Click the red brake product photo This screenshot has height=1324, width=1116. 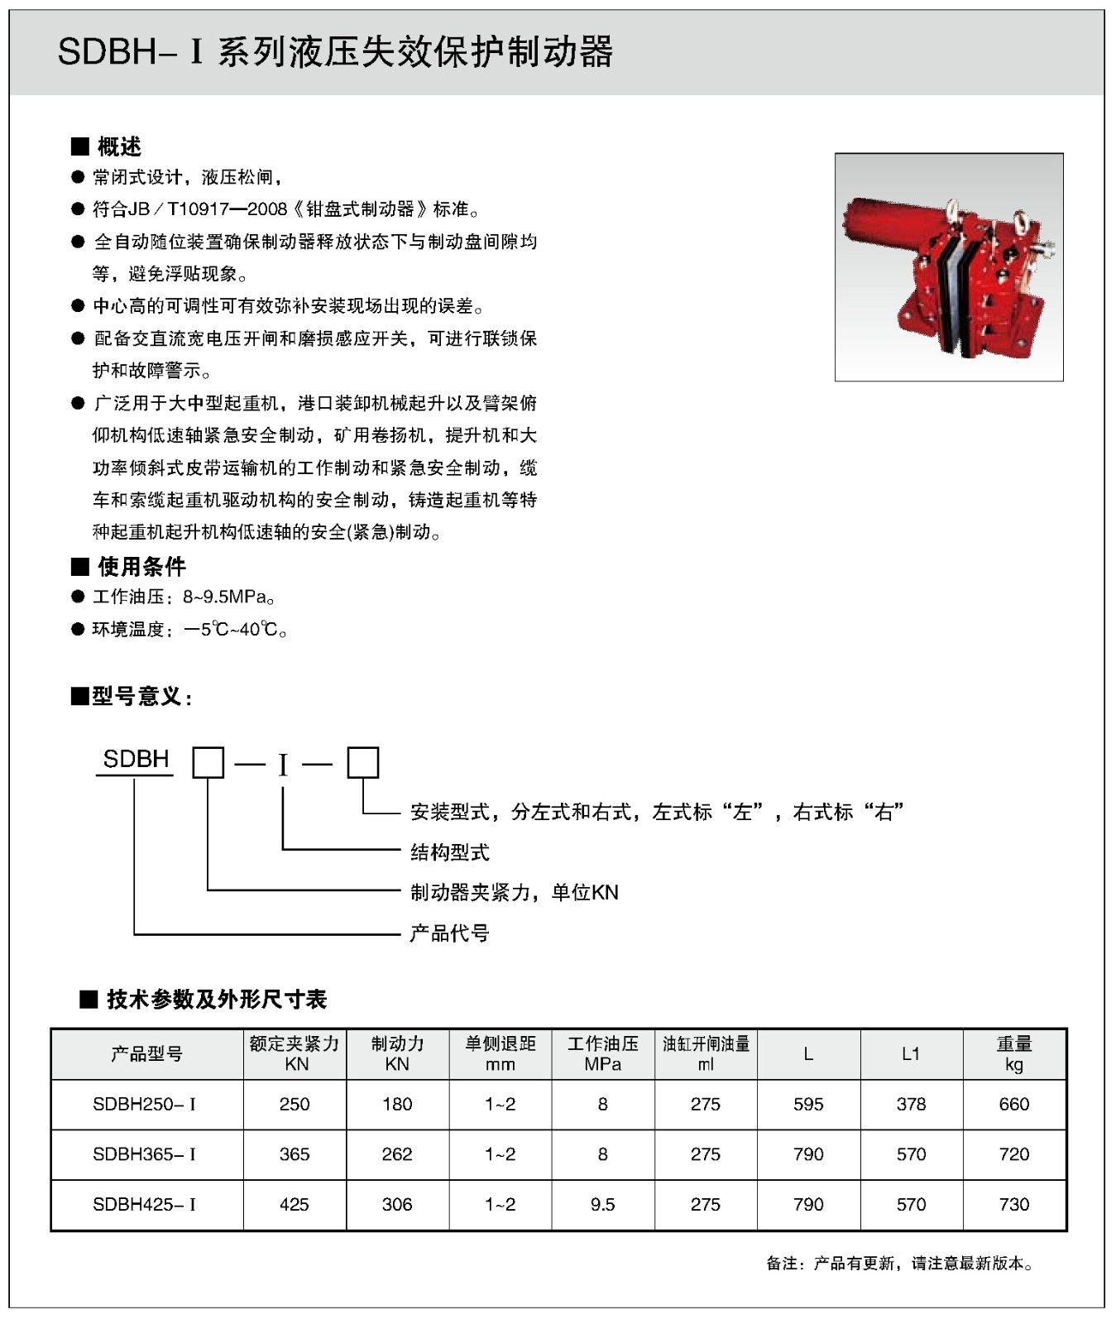point(948,266)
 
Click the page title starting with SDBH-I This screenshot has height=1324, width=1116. point(335,52)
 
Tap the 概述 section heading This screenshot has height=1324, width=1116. point(119,146)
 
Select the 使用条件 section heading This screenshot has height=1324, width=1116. point(141,566)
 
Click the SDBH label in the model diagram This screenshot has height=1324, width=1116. point(136,759)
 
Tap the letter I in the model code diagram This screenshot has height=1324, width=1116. point(283,765)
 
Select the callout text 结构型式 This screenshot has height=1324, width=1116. point(450,851)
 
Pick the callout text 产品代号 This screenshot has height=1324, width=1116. point(450,933)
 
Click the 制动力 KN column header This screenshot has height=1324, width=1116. point(397,1053)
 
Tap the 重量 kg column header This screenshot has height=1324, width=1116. point(1014,1053)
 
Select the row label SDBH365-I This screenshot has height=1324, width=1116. point(145,1154)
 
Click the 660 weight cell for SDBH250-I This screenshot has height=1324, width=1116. point(1014,1104)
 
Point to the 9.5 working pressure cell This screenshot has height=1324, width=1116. point(603,1204)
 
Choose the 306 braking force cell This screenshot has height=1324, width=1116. point(397,1204)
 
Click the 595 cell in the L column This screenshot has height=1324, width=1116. point(808,1104)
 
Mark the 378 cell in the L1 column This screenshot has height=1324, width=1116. point(911,1104)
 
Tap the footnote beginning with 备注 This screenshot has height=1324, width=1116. point(900,1264)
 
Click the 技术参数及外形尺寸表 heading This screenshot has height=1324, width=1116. point(217,999)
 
